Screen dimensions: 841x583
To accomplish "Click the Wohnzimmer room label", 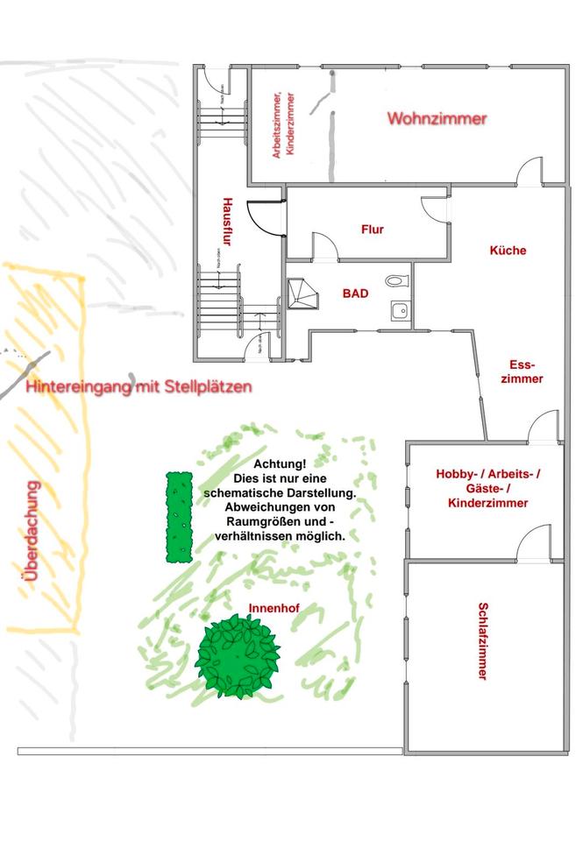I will coord(437,118).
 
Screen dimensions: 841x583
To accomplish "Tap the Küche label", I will coord(508,251).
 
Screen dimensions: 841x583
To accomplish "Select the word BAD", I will coord(355,293).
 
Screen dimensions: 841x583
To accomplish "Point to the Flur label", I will coord(373,230).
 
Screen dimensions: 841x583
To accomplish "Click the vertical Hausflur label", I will coord(226,224).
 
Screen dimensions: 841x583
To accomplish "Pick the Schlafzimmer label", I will coord(482,640).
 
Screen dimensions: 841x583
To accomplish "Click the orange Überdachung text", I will coord(33,532).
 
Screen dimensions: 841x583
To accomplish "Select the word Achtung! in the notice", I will coord(280,464).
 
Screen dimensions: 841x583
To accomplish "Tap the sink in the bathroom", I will coord(400,309).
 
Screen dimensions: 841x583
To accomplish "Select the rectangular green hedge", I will coord(180,516).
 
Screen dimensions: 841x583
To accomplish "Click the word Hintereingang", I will coord(79,386).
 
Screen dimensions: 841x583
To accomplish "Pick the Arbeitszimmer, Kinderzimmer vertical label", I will coord(284,125).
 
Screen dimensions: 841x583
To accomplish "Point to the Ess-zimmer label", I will coord(525,371).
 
